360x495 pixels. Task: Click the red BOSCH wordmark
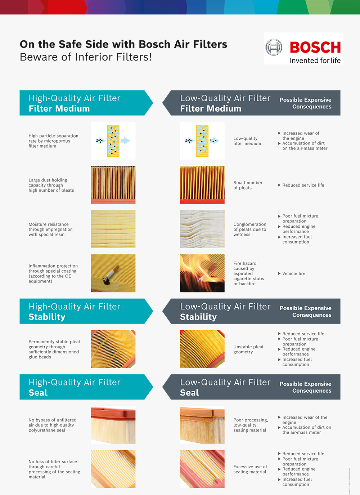pyautogui.click(x=315, y=47)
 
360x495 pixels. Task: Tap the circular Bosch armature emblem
pyautogui.click(x=274, y=47)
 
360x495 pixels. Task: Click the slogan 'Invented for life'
pyautogui.click(x=315, y=61)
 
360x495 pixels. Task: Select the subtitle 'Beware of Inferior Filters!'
pyautogui.click(x=86, y=57)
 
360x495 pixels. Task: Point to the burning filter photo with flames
pyautogui.click(x=202, y=273)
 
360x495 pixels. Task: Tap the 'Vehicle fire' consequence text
pyautogui.click(x=294, y=273)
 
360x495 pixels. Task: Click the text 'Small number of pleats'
pyautogui.click(x=248, y=185)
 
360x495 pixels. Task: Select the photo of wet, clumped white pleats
pyautogui.click(x=202, y=229)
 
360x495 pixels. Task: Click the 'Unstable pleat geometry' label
pyautogui.click(x=248, y=349)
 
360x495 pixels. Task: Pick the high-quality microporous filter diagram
pyautogui.click(x=113, y=141)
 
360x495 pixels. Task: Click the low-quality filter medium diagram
pyautogui.click(x=202, y=141)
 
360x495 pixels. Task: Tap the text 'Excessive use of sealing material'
pyautogui.click(x=250, y=469)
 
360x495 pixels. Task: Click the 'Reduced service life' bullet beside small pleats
pyautogui.click(x=303, y=185)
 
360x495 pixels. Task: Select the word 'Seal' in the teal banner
pyautogui.click(x=38, y=393)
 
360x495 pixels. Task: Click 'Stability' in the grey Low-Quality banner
pyautogui.click(x=198, y=317)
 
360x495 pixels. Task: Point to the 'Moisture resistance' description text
pyautogui.click(x=50, y=229)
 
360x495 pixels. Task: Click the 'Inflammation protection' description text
pyautogui.click(x=53, y=273)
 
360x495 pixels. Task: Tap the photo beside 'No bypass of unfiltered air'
pyautogui.click(x=113, y=425)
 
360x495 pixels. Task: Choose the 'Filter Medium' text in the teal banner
pyautogui.click(x=59, y=108)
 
